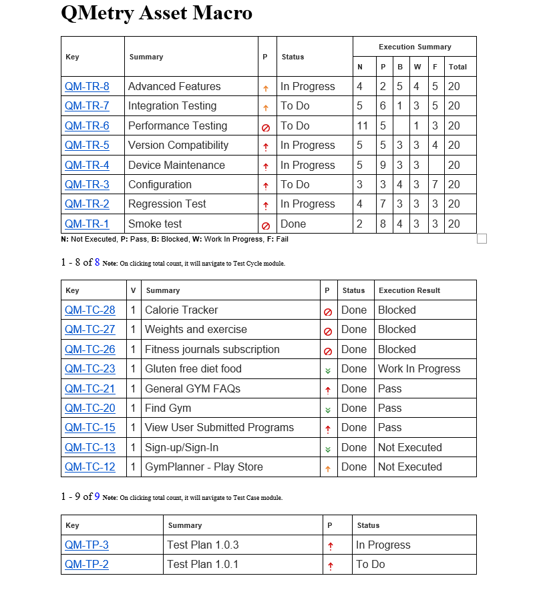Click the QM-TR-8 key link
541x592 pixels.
(87, 87)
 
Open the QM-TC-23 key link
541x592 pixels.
(89, 369)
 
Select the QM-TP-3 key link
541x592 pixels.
(87, 545)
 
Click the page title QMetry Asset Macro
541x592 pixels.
(156, 13)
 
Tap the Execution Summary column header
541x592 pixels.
(415, 47)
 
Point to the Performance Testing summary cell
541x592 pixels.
(178, 126)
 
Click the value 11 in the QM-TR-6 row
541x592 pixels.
(363, 126)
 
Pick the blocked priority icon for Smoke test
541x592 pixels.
(266, 226)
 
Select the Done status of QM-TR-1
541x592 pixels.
(293, 224)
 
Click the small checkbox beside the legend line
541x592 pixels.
(482, 239)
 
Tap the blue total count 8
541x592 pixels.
(97, 262)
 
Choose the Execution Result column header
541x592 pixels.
(409, 290)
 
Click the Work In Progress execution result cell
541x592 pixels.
(419, 369)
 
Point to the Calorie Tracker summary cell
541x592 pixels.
(182, 310)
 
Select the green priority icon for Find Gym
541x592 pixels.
(328, 410)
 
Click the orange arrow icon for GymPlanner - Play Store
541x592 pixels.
(328, 469)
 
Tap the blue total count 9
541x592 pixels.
(97, 497)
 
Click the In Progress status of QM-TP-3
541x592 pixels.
(383, 545)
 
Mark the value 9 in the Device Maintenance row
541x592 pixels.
(383, 166)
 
